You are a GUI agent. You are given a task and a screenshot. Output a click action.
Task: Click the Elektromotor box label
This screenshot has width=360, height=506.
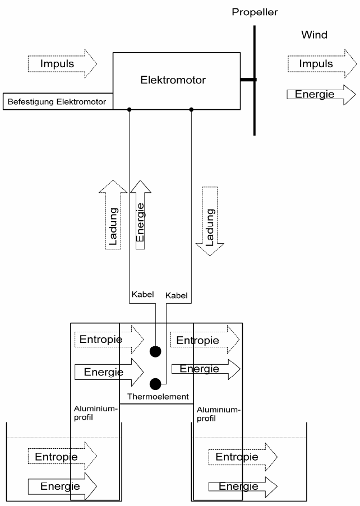click(173, 80)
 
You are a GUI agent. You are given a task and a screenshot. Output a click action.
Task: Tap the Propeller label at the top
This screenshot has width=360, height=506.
click(255, 12)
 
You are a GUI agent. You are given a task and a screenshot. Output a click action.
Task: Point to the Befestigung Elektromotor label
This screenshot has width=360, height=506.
click(57, 103)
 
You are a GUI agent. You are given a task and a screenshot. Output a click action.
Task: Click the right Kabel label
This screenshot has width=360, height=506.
click(177, 295)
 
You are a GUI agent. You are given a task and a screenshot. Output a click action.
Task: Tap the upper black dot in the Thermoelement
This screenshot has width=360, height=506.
click(155, 352)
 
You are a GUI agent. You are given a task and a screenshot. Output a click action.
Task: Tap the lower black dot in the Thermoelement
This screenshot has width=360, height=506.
click(155, 384)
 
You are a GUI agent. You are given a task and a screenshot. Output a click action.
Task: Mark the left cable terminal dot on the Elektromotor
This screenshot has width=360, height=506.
click(130, 109)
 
